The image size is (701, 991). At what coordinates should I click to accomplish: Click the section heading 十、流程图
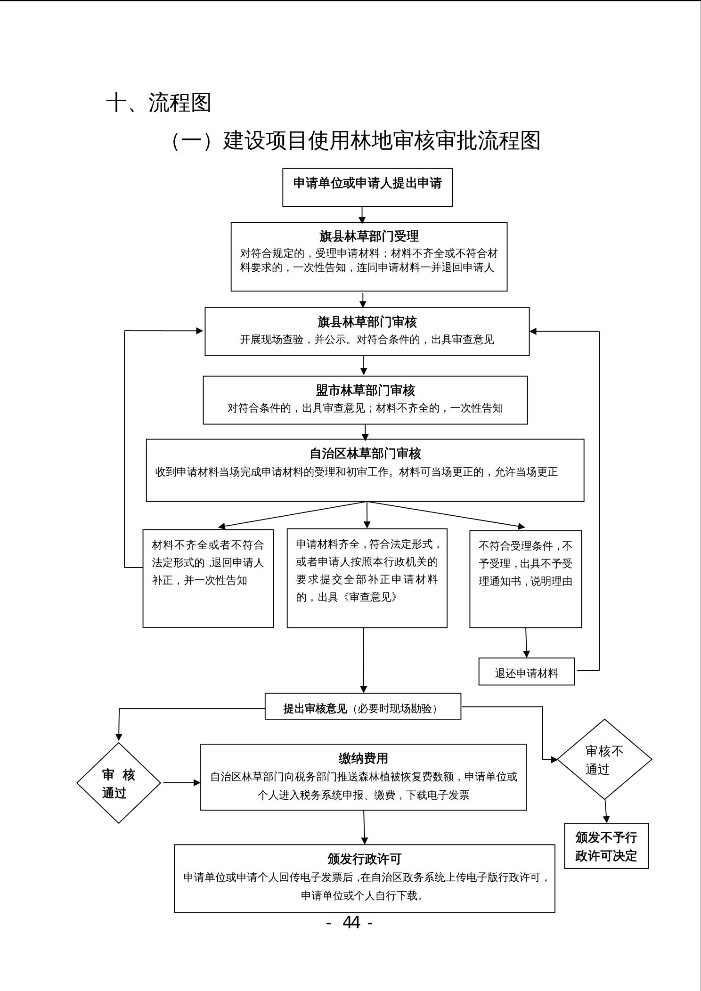point(158,103)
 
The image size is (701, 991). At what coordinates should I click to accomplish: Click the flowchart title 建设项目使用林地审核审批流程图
point(381,141)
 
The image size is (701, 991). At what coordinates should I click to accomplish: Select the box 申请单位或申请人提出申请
point(367,187)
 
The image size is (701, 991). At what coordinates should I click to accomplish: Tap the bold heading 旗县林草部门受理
point(369,236)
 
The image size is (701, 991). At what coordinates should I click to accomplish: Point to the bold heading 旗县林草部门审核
point(367,322)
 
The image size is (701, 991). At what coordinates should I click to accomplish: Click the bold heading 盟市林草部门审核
point(365,390)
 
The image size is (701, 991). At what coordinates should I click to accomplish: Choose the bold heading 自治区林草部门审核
point(365,454)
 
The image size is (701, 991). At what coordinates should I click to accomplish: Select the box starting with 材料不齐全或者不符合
point(208,577)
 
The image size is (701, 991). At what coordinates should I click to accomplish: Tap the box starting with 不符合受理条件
point(525,578)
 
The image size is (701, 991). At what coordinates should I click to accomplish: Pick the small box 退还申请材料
point(526,673)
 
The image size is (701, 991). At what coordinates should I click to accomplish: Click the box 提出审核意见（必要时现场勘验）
point(363,708)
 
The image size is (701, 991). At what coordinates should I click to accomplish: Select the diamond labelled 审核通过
point(119,783)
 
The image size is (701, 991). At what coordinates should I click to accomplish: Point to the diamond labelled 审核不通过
point(604,759)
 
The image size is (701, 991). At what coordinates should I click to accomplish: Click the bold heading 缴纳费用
point(363,758)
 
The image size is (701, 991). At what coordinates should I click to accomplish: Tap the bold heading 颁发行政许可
point(364,859)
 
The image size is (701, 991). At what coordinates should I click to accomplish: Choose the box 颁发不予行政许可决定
point(606,846)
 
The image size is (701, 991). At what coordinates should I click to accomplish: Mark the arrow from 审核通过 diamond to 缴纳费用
point(181,783)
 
